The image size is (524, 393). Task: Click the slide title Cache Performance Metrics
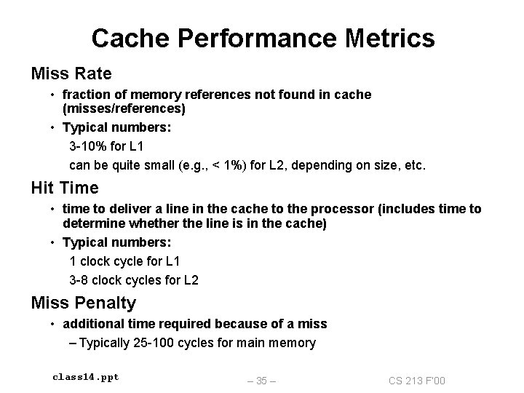click(x=263, y=38)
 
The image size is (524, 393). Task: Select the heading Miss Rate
click(x=71, y=74)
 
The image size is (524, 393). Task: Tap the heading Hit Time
click(x=65, y=188)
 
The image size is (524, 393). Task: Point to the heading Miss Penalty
click(x=83, y=302)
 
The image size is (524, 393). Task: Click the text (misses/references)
click(x=124, y=108)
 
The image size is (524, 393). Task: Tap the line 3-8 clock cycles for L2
click(x=134, y=279)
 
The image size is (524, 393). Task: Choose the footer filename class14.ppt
click(x=86, y=377)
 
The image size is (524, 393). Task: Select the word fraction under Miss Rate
click(x=85, y=95)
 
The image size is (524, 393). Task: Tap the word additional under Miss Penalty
click(x=92, y=323)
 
